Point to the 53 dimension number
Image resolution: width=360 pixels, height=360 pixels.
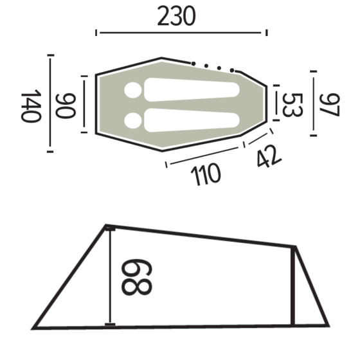click(x=292, y=105)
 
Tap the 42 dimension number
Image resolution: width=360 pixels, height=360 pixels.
click(x=267, y=156)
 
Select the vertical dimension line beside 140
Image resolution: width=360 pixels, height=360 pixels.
click(x=50, y=104)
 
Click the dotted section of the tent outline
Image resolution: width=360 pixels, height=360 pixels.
click(x=215, y=66)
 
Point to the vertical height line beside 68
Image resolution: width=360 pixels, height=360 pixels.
click(x=111, y=276)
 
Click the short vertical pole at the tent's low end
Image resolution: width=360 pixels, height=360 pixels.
click(x=293, y=287)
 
